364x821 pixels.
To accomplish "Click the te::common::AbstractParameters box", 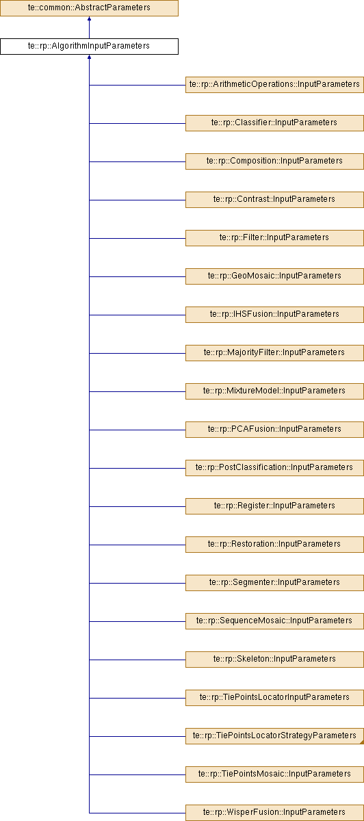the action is (x=89, y=8).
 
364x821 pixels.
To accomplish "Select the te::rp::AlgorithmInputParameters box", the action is (x=89, y=47).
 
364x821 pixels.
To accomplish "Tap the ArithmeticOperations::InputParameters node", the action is (x=274, y=85).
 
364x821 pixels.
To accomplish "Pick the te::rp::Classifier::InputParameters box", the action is (x=274, y=122).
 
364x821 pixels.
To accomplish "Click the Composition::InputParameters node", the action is (x=274, y=161).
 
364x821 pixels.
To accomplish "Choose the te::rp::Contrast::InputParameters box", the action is (x=274, y=199).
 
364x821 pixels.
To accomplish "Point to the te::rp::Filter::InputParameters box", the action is (x=274, y=238).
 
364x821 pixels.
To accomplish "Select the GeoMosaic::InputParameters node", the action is (x=274, y=276).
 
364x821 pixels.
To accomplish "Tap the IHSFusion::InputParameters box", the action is (x=274, y=315).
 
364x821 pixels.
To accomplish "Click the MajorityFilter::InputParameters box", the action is (x=274, y=352).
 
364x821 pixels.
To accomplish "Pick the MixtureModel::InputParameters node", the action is (x=274, y=391).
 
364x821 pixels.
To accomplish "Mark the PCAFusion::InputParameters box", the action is (x=274, y=429).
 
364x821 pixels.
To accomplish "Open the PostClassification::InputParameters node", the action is (x=274, y=468).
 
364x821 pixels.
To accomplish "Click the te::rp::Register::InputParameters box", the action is (x=274, y=506).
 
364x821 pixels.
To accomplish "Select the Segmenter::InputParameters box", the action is (x=274, y=582).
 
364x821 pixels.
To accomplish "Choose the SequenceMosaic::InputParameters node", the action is (x=274, y=621).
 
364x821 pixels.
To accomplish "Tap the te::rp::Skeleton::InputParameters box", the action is (x=274, y=659).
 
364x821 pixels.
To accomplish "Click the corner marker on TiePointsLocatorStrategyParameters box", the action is (x=362, y=742).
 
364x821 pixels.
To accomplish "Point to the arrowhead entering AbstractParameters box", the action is (x=89, y=18).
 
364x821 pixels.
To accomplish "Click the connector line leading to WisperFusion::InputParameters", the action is (x=138, y=813).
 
